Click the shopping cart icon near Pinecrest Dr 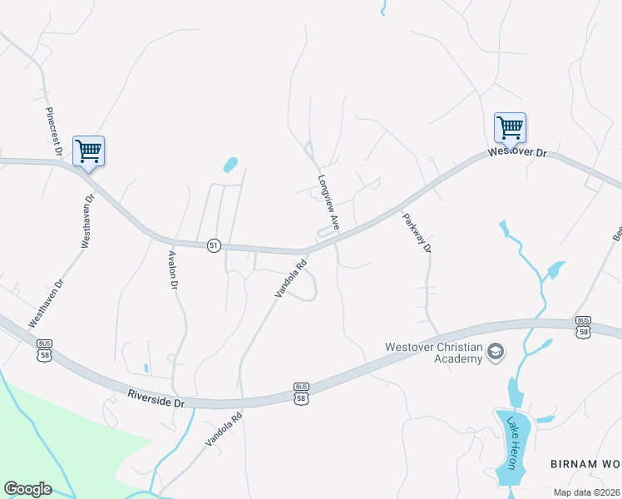tap(88, 151)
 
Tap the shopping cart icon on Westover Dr tap(510, 128)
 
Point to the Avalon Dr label tap(174, 270)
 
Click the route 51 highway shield tap(215, 245)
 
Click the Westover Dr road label tap(518, 153)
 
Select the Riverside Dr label tap(155, 400)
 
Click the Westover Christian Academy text tap(433, 353)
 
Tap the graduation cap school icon tap(496, 352)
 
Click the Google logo tap(27, 489)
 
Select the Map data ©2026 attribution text tap(587, 492)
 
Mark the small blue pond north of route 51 tap(230, 164)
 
